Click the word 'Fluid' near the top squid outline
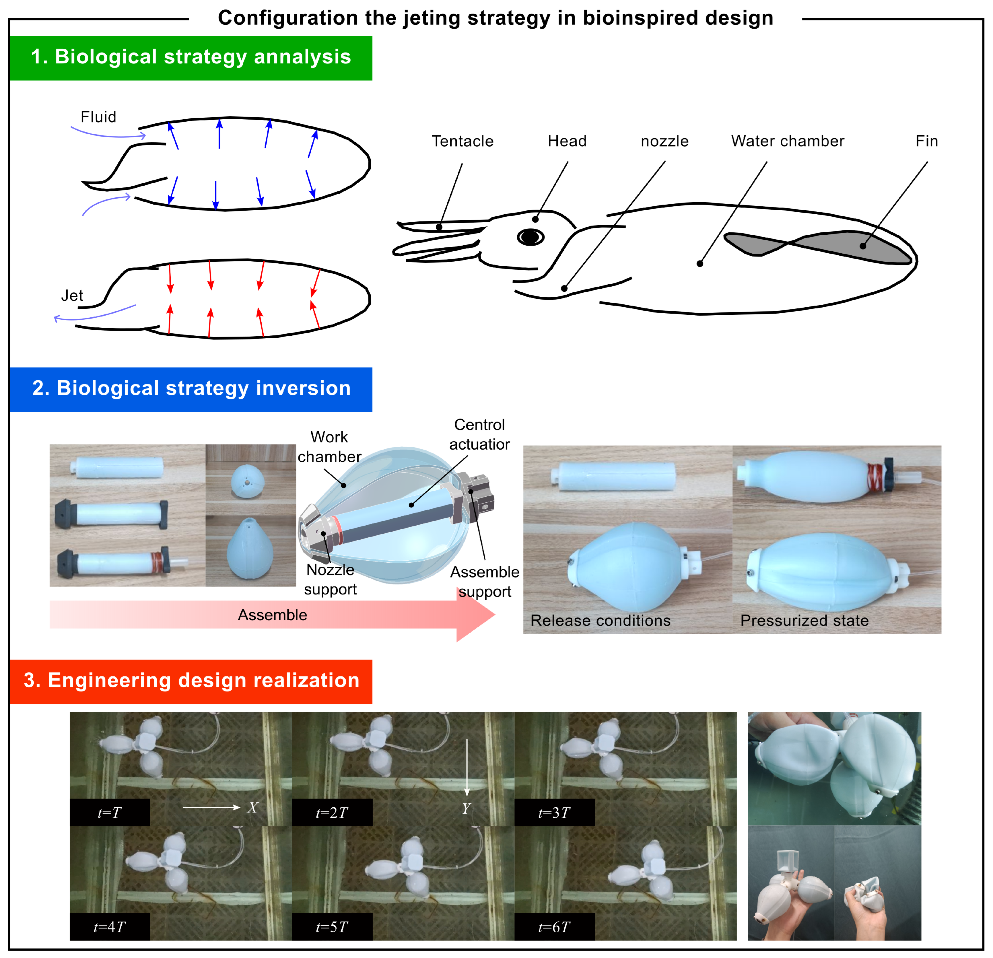coord(98,117)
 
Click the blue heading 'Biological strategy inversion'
coord(204,388)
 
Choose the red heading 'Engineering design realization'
coord(204,680)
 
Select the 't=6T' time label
coord(554,927)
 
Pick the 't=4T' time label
coord(109,927)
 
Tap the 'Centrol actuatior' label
coord(479,434)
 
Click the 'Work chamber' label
coord(329,447)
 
